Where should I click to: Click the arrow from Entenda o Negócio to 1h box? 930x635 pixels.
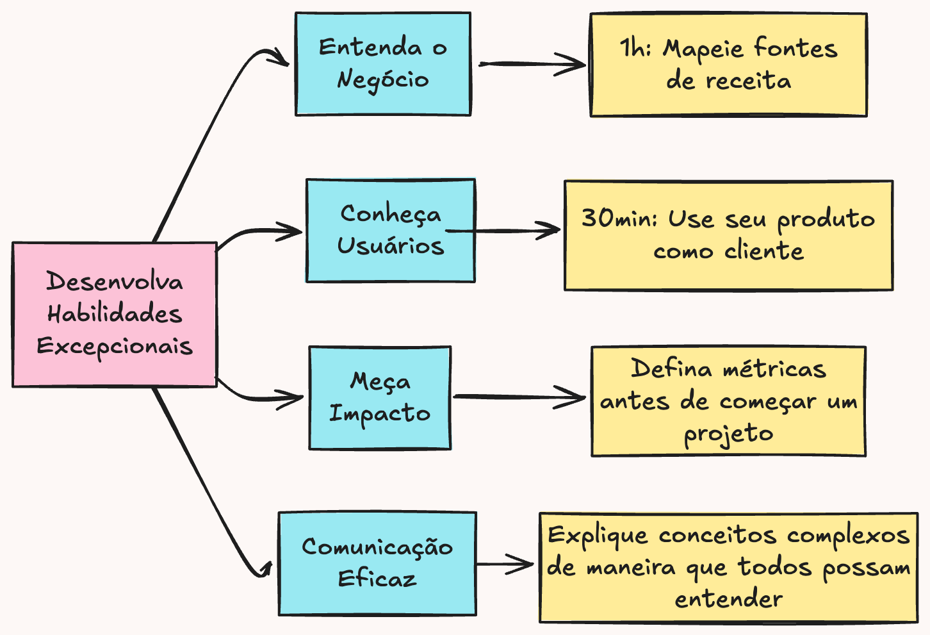point(532,64)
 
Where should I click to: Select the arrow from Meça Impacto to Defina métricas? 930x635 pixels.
point(519,397)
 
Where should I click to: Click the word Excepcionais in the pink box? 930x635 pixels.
point(115,347)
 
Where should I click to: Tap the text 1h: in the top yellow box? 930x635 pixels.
point(635,49)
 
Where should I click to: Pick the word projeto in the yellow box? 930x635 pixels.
point(728,434)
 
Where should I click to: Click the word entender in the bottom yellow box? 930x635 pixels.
point(728,600)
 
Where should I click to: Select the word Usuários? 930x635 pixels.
point(391,246)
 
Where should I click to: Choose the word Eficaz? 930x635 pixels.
point(377,579)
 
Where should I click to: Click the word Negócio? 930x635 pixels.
point(382,80)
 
